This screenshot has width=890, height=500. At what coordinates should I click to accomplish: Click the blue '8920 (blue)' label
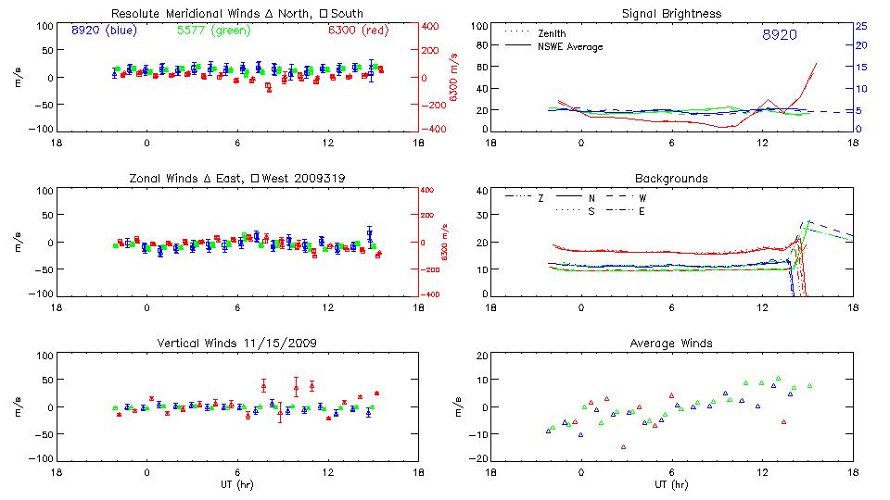click(x=104, y=30)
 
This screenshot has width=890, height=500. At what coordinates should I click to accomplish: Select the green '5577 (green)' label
click(x=210, y=30)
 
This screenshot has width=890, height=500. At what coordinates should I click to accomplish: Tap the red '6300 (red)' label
click(x=358, y=30)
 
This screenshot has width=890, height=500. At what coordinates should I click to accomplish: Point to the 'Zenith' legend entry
click(x=553, y=33)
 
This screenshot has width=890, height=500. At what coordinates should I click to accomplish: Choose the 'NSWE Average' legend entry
click(x=570, y=46)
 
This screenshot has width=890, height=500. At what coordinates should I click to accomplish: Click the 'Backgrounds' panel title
click(x=671, y=178)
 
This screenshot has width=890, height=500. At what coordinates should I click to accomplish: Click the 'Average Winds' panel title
click(x=671, y=344)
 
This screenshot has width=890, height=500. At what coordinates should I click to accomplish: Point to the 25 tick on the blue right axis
click(x=861, y=26)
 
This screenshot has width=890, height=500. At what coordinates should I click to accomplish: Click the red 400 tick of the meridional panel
click(x=432, y=26)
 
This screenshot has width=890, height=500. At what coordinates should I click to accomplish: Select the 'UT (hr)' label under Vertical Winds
click(x=237, y=483)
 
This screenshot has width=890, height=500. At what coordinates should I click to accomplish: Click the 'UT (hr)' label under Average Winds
click(x=671, y=483)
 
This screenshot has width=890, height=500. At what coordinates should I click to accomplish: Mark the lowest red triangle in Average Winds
click(x=624, y=446)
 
